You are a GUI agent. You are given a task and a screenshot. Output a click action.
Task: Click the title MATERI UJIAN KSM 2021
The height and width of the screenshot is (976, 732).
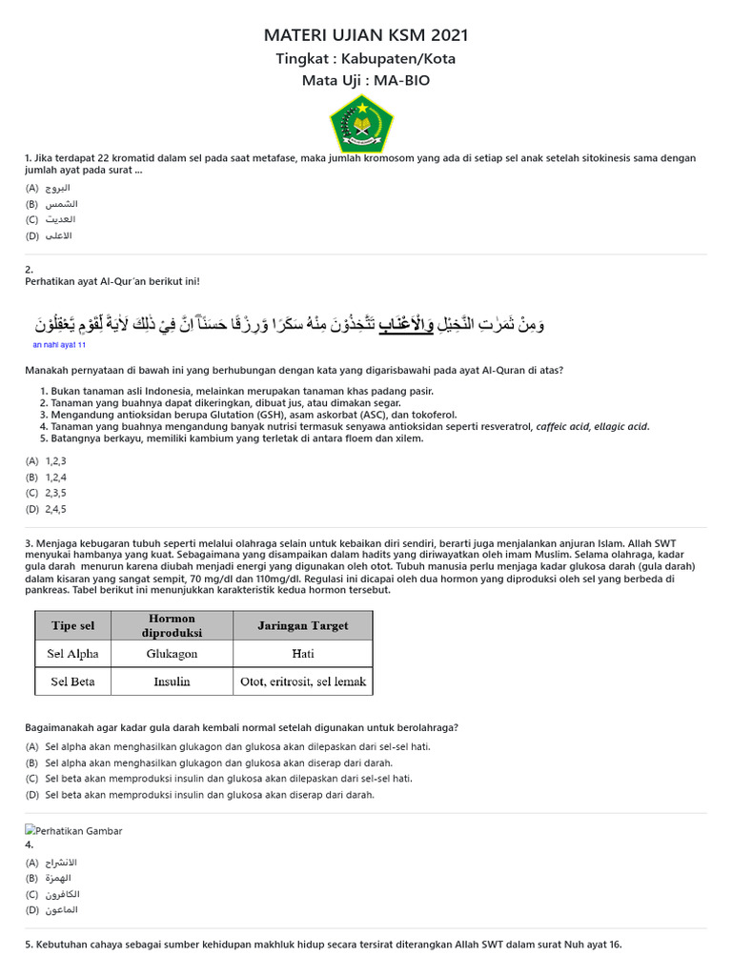coord(366,36)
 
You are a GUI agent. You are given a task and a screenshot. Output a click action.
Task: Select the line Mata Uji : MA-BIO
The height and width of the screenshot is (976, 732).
coord(366,80)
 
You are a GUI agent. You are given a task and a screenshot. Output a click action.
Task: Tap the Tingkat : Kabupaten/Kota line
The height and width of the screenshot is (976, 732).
coord(366,59)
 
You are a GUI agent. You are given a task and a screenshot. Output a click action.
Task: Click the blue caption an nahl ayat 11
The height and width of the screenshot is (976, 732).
coord(59,345)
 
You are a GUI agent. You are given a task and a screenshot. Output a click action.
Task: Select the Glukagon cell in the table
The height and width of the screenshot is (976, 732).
coord(172,654)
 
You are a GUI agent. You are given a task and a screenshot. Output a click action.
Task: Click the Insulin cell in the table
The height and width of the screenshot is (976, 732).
coord(172,681)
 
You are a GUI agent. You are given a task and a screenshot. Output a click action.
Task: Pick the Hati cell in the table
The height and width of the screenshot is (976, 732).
coord(302,654)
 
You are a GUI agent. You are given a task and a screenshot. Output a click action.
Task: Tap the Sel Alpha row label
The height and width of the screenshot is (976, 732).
coord(73,654)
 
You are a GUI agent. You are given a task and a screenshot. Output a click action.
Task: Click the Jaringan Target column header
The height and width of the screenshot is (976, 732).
coord(302,625)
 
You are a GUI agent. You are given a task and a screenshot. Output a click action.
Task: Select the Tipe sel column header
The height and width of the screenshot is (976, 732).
coord(73,625)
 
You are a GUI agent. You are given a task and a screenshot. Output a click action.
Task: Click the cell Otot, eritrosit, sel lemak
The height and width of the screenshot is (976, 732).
coord(302,681)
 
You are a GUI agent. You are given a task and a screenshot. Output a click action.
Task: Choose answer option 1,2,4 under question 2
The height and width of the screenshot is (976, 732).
coord(55,477)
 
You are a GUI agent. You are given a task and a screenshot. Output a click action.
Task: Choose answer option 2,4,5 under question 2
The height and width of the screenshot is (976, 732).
coord(55,508)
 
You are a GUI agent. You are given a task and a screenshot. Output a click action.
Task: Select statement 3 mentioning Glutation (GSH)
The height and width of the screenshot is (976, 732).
coord(248,415)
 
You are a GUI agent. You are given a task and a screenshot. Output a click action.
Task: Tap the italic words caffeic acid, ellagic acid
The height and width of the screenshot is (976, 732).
coord(592,427)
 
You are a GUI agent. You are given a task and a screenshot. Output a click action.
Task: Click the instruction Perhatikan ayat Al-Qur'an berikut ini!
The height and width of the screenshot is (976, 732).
coord(112,281)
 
